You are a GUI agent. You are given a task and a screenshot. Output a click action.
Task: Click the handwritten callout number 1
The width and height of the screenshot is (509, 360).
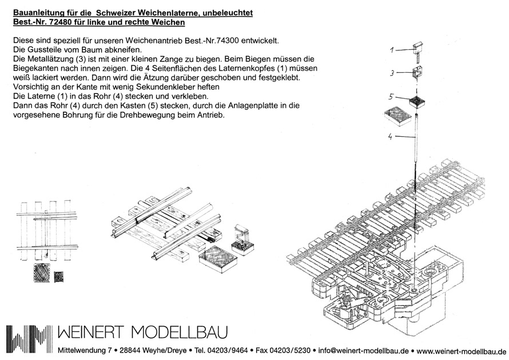click(392, 50)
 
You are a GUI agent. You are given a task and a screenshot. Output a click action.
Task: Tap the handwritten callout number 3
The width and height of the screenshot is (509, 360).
click(392, 73)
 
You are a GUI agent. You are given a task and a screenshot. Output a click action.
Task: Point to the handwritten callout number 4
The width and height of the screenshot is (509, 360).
click(391, 137)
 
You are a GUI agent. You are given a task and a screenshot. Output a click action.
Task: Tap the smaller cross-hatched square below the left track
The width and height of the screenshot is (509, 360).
click(58, 276)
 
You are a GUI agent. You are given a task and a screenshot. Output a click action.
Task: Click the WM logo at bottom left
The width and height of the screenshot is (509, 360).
click(29, 338)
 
